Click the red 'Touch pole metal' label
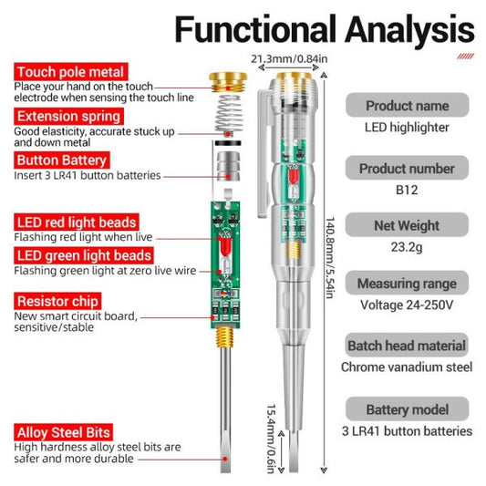[69, 72]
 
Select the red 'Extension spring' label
[68, 117]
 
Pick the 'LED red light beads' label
[78, 222]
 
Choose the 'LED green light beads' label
[82, 256]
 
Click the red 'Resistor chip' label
[57, 301]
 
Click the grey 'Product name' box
[407, 106]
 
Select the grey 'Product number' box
[407, 169]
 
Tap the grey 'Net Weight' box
[407, 226]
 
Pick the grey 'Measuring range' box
[407, 284]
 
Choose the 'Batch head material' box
[407, 346]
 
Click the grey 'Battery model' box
[407, 409]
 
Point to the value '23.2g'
[407, 247]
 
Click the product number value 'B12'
[407, 190]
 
